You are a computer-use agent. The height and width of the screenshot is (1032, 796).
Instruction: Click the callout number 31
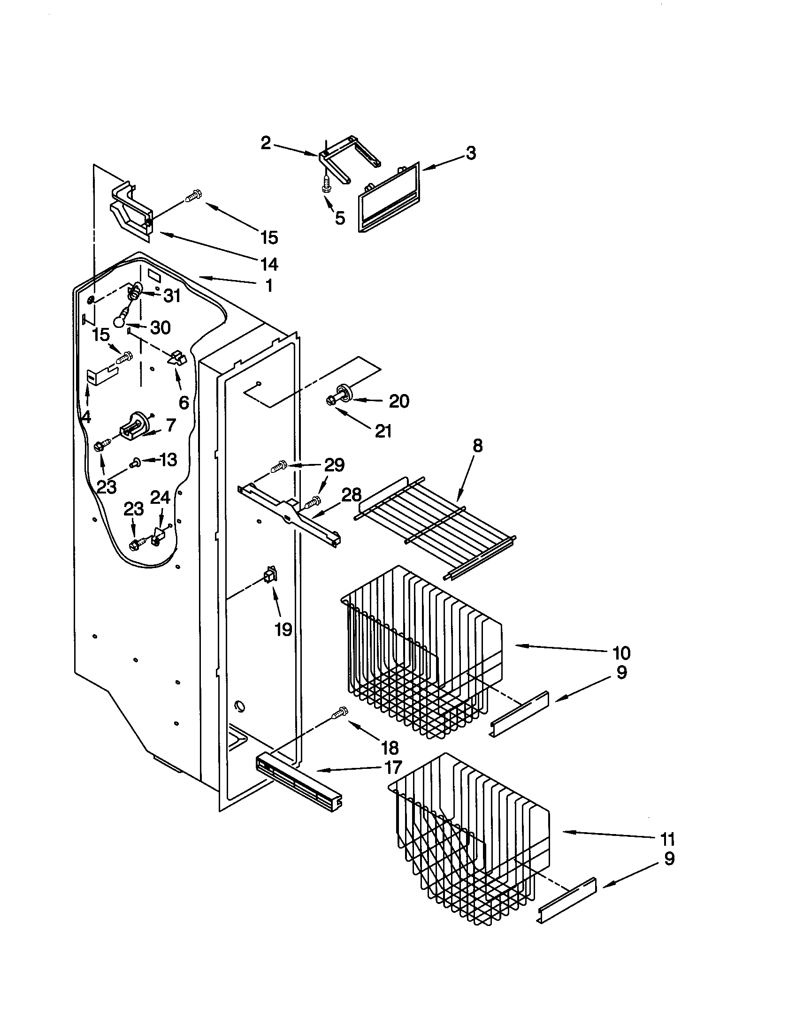tap(172, 296)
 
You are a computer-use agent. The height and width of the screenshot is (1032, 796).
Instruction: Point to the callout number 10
tap(621, 653)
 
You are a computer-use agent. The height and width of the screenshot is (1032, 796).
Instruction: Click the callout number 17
tap(393, 767)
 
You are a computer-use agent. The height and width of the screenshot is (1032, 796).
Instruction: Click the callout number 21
tap(383, 431)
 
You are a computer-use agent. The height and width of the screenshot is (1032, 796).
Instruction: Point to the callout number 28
tap(351, 495)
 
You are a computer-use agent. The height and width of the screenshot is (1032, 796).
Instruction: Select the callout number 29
tap(334, 465)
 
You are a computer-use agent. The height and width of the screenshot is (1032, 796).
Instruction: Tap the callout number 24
tap(160, 497)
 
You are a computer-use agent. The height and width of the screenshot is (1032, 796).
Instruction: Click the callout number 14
tap(269, 264)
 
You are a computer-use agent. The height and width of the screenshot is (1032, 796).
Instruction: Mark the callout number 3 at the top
tap(470, 153)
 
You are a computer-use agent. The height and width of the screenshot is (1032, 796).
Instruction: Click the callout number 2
tap(266, 143)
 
